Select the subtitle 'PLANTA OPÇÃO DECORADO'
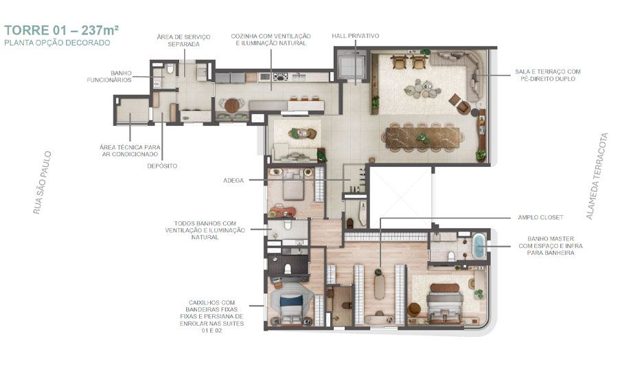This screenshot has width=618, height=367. click(x=56, y=43)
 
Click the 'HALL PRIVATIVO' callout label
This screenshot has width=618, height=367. click(x=355, y=36)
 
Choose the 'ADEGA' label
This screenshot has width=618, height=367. click(x=233, y=180)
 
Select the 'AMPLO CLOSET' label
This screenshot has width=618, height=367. click(x=540, y=218)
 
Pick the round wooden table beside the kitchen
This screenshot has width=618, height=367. click(x=232, y=106)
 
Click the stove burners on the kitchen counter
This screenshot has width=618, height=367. click(x=280, y=77)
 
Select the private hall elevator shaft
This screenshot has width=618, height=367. click(x=352, y=65)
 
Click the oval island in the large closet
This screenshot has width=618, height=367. click(x=380, y=283)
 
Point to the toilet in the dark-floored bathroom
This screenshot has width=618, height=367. click(x=289, y=267)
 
